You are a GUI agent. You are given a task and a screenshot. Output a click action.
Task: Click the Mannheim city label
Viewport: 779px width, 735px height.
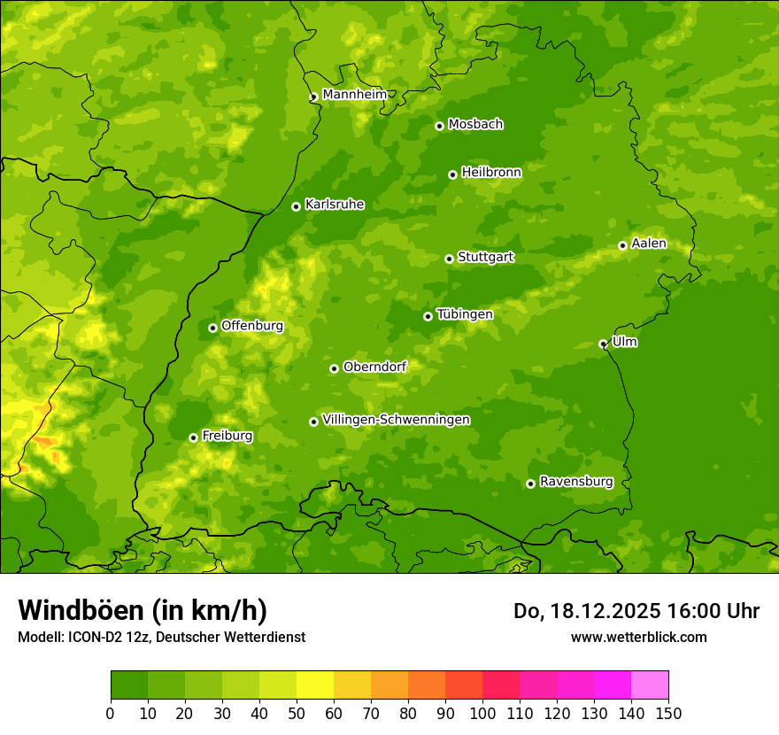pos(354,95)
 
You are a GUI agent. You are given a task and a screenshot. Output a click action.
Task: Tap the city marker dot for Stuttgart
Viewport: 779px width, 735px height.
pos(449,259)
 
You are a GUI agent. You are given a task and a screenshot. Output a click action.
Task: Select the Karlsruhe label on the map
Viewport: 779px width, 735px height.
pos(334,205)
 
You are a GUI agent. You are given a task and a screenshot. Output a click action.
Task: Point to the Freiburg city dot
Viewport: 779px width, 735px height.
pos(193,437)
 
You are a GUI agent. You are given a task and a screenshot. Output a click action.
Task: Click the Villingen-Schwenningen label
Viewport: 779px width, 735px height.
pos(396,420)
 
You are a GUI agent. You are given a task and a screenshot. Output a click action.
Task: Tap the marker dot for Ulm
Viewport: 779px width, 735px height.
pos(603,344)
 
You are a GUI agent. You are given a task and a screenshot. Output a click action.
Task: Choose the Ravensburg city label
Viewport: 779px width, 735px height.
pos(575,482)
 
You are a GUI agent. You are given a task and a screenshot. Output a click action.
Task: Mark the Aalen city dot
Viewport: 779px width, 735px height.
pos(622,245)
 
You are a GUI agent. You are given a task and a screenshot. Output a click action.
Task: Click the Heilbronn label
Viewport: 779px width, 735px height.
pos(491,173)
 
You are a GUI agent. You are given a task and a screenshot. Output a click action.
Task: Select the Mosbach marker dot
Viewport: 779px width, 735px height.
pos(439,126)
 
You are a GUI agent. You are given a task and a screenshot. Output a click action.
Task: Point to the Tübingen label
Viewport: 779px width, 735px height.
pos(464,314)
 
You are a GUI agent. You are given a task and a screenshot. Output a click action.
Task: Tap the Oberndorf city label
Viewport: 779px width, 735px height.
pos(374,367)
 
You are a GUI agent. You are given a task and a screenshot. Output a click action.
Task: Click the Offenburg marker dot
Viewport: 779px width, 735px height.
pos(212,328)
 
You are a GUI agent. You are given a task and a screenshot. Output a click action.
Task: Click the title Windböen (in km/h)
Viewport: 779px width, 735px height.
pos(143,610)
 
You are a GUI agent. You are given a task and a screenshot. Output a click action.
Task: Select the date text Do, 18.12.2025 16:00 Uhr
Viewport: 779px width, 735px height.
pos(636,611)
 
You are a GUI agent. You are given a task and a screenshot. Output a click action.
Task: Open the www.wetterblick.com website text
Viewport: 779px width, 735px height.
pos(638,637)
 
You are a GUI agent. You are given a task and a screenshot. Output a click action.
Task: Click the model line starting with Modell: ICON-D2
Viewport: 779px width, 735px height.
pos(161,637)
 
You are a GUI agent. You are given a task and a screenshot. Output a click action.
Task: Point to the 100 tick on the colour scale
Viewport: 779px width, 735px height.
pos(482,713)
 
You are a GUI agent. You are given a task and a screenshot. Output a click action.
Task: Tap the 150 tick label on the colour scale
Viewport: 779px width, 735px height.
pos(668,713)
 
